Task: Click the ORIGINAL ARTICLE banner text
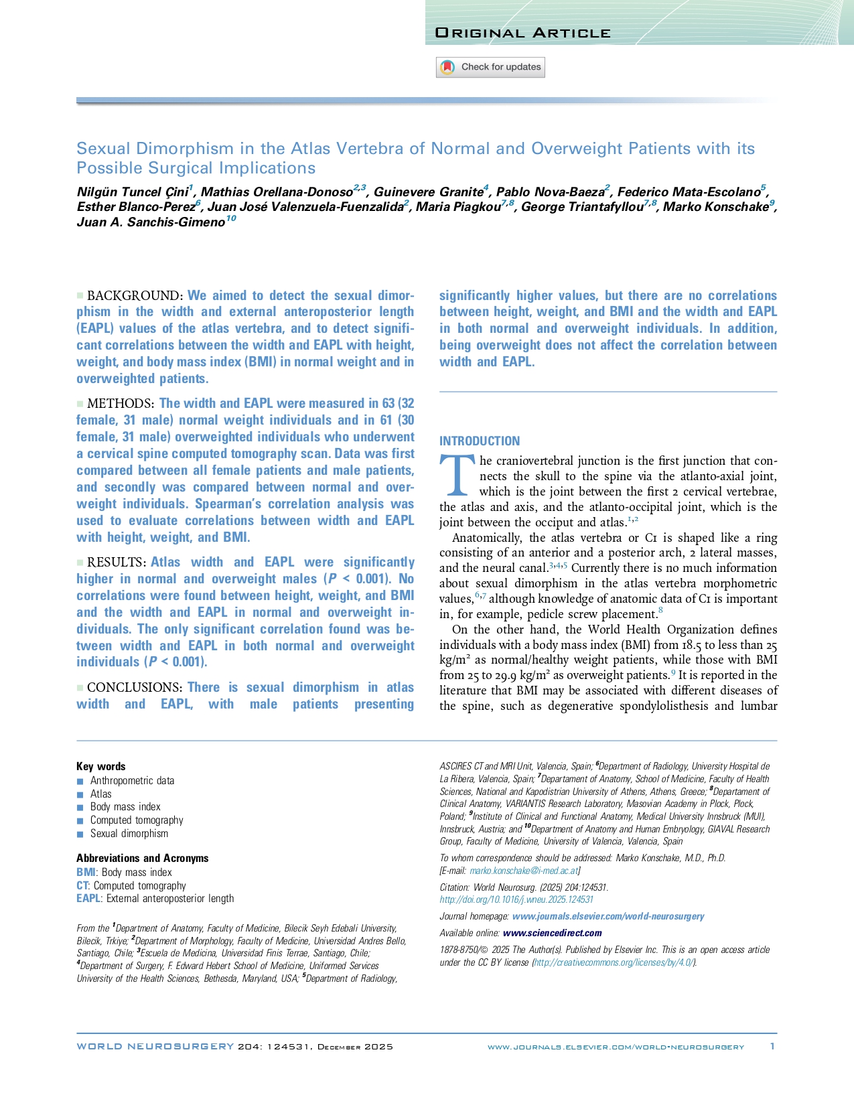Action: [x=522, y=33]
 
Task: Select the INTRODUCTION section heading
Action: [x=480, y=441]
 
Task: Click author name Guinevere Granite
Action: [x=428, y=192]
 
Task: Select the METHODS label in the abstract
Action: [x=121, y=404]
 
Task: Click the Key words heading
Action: [x=101, y=767]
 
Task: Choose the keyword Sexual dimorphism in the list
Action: [x=129, y=834]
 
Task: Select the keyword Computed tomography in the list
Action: [x=137, y=820]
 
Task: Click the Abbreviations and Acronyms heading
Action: [x=143, y=859]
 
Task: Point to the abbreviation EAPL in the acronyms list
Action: [x=88, y=899]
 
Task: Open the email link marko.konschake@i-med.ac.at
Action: [x=524, y=871]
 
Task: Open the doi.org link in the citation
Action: [x=516, y=899]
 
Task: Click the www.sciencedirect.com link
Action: [x=552, y=933]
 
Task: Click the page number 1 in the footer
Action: [x=772, y=1046]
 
